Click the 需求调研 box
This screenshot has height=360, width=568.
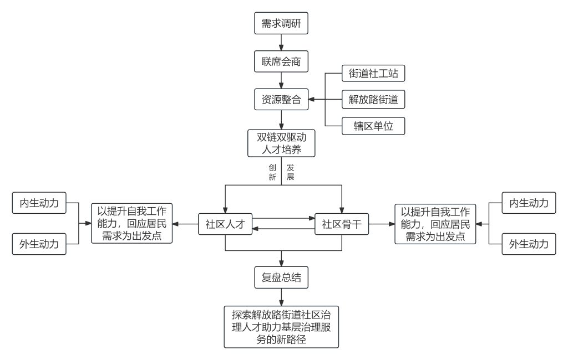click(x=281, y=24)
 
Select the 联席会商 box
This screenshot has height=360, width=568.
click(x=281, y=61)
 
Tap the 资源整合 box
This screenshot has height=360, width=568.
click(x=281, y=100)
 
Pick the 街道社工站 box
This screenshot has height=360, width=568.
click(x=373, y=73)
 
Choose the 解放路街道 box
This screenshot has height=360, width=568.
click(x=373, y=100)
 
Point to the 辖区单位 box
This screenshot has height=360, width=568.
click(x=373, y=126)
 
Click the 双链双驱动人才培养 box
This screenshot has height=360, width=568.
click(x=281, y=143)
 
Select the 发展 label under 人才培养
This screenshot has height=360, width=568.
click(x=290, y=172)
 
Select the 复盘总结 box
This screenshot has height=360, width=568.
click(x=281, y=277)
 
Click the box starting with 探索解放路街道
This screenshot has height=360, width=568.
click(x=281, y=326)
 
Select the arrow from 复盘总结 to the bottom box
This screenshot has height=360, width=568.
click(x=281, y=296)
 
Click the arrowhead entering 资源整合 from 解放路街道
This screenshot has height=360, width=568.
click(x=312, y=100)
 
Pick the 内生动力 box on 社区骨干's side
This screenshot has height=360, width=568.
click(x=529, y=203)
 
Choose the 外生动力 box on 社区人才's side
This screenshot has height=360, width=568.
click(x=39, y=244)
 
